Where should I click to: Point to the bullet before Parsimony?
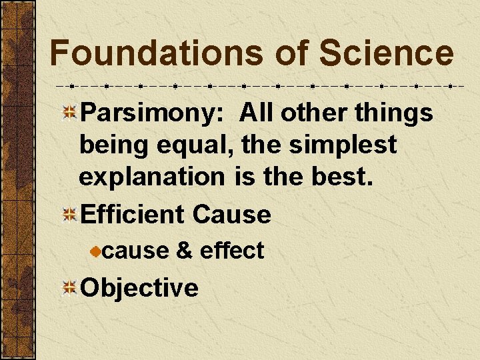tap(69, 113)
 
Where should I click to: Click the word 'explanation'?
tap(152, 177)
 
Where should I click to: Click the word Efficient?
tap(131, 215)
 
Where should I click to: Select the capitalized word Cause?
tap(231, 215)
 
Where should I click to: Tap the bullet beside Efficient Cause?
tap(69, 215)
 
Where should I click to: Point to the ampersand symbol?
tap(185, 251)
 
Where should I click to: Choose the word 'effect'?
tap(232, 251)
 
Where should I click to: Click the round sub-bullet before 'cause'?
tap(97, 251)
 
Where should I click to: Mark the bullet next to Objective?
tap(69, 288)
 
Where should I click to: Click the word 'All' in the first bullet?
tap(257, 113)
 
